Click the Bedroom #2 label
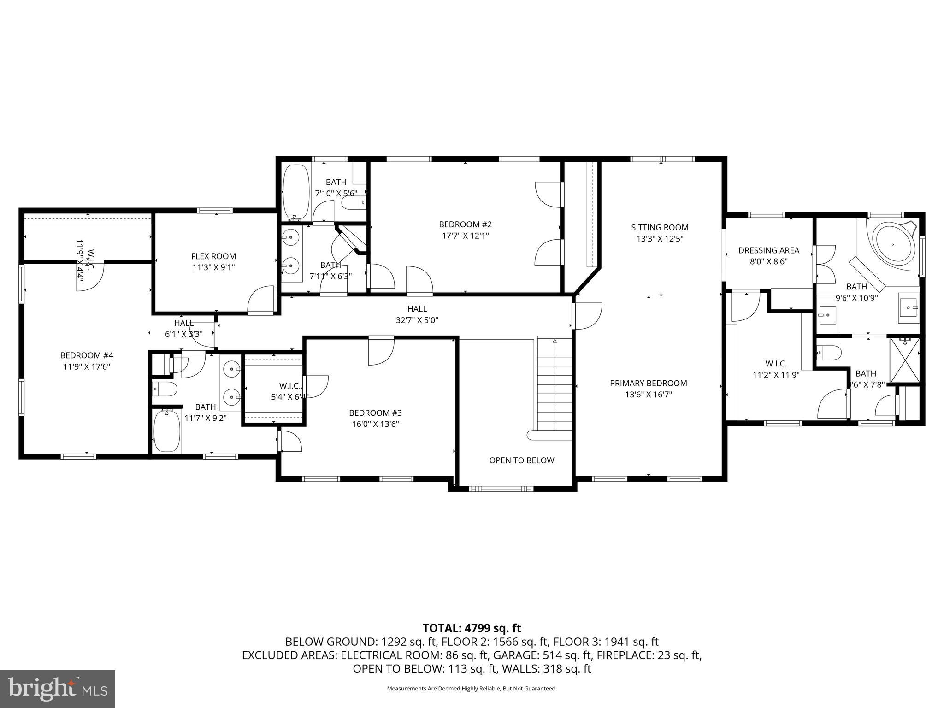[x=465, y=224]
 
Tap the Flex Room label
[x=213, y=256]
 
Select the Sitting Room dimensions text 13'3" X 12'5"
[x=660, y=239]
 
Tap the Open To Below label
[x=521, y=460]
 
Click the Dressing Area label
[x=768, y=250]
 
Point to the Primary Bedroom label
[x=648, y=383]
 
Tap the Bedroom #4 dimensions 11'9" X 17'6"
[x=86, y=367]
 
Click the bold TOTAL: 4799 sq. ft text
[x=472, y=628]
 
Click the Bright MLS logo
[x=58, y=689]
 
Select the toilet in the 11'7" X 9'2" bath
[x=165, y=389]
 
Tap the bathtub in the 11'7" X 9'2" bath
[x=166, y=431]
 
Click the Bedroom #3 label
[x=375, y=413]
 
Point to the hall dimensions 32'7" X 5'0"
[x=417, y=320]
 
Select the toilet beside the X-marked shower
[x=829, y=353]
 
